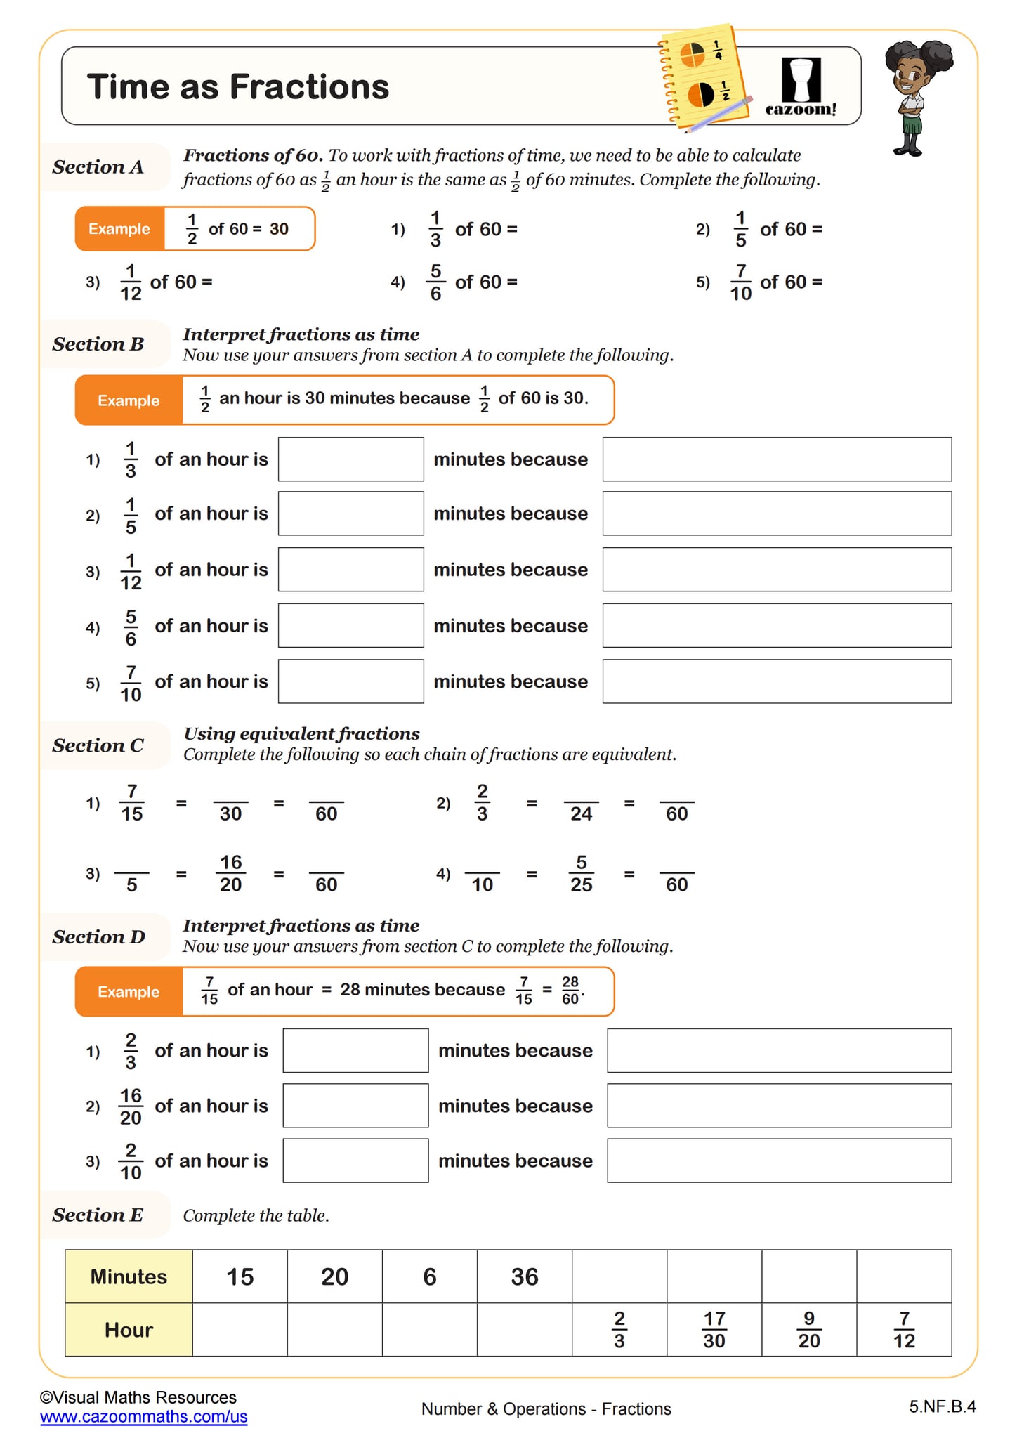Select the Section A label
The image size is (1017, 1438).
coord(98,167)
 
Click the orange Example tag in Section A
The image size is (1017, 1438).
coord(119,229)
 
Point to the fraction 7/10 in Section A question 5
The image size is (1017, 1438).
coord(740,282)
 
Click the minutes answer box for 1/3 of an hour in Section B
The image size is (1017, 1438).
coord(350,459)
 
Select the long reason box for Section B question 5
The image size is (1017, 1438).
coord(777,681)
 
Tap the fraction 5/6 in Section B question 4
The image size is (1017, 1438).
coord(131,627)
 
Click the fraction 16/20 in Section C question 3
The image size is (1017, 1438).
coord(230,873)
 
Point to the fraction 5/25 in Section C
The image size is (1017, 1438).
coord(581,873)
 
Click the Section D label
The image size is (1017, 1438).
coord(99,937)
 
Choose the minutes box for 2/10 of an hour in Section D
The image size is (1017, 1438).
coord(355,1161)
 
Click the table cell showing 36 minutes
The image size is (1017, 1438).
coord(525,1276)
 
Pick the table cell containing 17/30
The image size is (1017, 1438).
coord(714,1330)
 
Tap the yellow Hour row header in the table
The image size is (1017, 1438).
coord(129,1330)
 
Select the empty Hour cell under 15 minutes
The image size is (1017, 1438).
coord(240,1330)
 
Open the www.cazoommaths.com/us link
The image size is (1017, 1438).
coord(144,1417)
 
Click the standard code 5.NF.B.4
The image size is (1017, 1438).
coord(942,1406)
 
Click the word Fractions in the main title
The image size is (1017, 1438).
coord(309,87)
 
